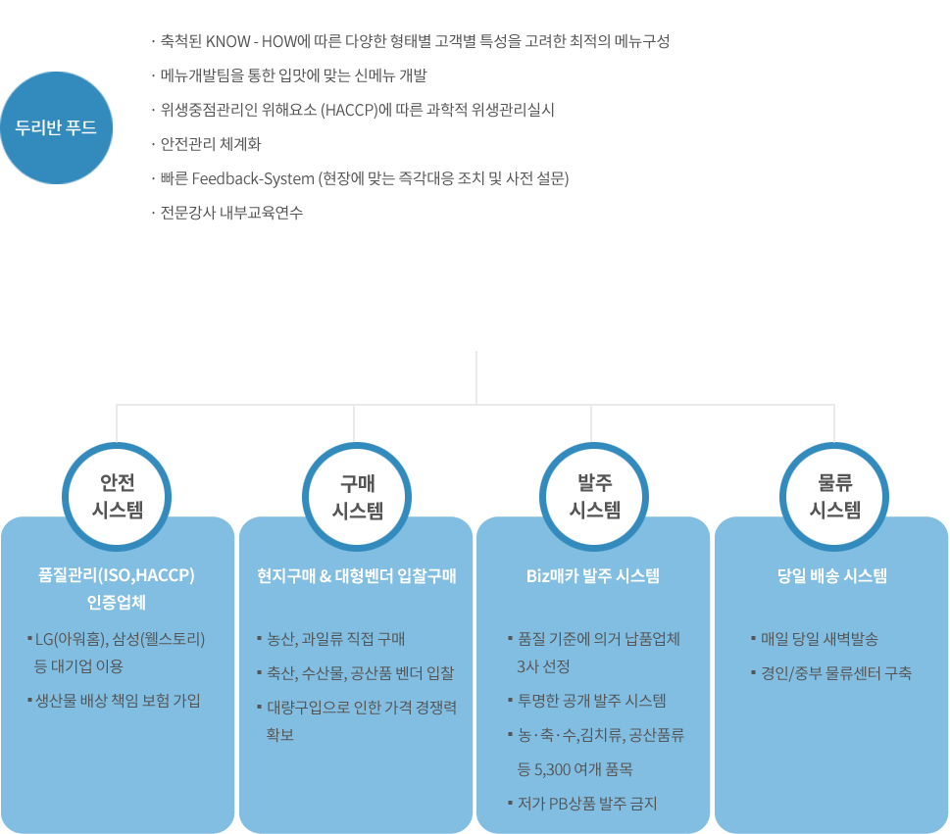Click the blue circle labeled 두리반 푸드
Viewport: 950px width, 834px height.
click(x=56, y=127)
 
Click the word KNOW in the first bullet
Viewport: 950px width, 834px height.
click(x=228, y=41)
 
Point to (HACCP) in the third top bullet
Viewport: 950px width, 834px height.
click(x=349, y=110)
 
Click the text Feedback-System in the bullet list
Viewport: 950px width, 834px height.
click(x=253, y=178)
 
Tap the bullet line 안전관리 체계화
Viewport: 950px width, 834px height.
click(x=210, y=144)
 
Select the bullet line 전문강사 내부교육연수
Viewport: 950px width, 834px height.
click(x=231, y=213)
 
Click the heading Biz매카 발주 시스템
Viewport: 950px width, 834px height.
click(x=593, y=575)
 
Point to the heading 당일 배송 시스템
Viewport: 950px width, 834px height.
click(x=832, y=575)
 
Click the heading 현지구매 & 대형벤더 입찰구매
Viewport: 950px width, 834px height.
click(x=356, y=575)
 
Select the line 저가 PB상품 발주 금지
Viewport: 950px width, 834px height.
click(x=587, y=804)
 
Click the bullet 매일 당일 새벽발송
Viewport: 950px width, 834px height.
click(x=820, y=639)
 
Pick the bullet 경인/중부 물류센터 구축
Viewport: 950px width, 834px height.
click(x=836, y=673)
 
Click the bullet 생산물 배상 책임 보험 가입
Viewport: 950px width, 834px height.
click(x=118, y=701)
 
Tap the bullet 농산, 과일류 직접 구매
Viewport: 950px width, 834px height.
click(x=335, y=639)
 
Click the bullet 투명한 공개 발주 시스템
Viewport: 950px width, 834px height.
click(x=592, y=701)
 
